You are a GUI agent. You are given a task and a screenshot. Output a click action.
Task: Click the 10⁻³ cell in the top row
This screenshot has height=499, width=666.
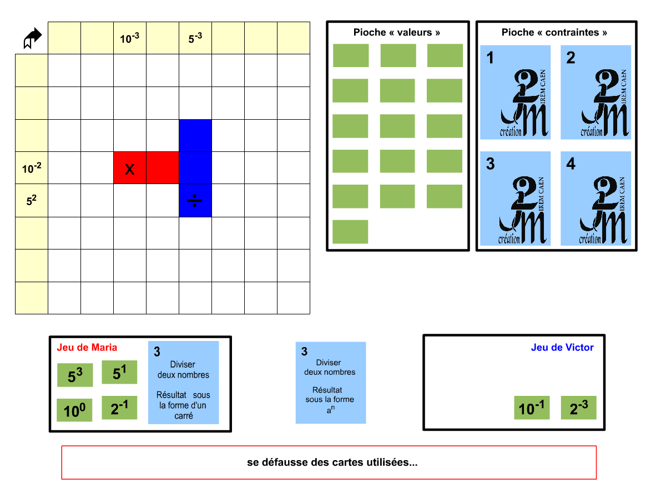tap(130, 38)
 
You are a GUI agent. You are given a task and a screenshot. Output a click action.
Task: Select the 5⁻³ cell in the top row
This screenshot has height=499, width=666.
tap(195, 38)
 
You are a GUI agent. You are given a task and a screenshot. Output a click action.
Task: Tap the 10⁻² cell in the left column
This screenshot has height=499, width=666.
tap(32, 168)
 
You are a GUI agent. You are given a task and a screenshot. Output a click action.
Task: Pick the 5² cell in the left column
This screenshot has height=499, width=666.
tap(32, 200)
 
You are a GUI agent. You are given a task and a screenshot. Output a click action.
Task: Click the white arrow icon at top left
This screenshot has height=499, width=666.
tap(32, 38)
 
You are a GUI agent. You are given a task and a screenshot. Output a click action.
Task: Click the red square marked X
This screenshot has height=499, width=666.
tap(130, 168)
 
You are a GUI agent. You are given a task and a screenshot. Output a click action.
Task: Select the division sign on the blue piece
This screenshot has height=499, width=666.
tap(195, 201)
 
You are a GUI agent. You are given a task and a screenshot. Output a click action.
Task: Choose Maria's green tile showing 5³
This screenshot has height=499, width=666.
tap(75, 375)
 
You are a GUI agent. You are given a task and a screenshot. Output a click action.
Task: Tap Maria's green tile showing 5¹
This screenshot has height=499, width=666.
tap(119, 373)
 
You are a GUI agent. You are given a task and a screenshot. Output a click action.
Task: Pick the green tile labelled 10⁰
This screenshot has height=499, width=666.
tap(74, 410)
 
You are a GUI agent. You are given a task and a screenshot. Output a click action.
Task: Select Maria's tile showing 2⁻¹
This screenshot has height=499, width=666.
tap(119, 408)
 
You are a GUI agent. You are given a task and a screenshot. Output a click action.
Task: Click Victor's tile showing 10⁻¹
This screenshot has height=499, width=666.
tap(532, 408)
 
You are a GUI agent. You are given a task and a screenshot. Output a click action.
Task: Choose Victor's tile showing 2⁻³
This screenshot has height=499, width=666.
tap(578, 408)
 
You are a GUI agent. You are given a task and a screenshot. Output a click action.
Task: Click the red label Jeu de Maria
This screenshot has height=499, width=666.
tap(87, 348)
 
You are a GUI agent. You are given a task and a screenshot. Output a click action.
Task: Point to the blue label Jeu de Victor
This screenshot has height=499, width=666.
tap(562, 348)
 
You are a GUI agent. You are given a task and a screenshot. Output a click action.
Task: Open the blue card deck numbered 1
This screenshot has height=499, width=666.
tap(516, 92)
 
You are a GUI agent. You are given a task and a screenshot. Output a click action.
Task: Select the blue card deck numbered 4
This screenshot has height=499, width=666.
tap(596, 198)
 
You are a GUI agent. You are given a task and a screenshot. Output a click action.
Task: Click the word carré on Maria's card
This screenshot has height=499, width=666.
tap(183, 415)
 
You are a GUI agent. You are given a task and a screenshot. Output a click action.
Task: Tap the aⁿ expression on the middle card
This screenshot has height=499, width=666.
tap(330, 410)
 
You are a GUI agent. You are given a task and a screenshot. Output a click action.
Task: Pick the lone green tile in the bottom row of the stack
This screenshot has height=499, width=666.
tap(350, 232)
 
